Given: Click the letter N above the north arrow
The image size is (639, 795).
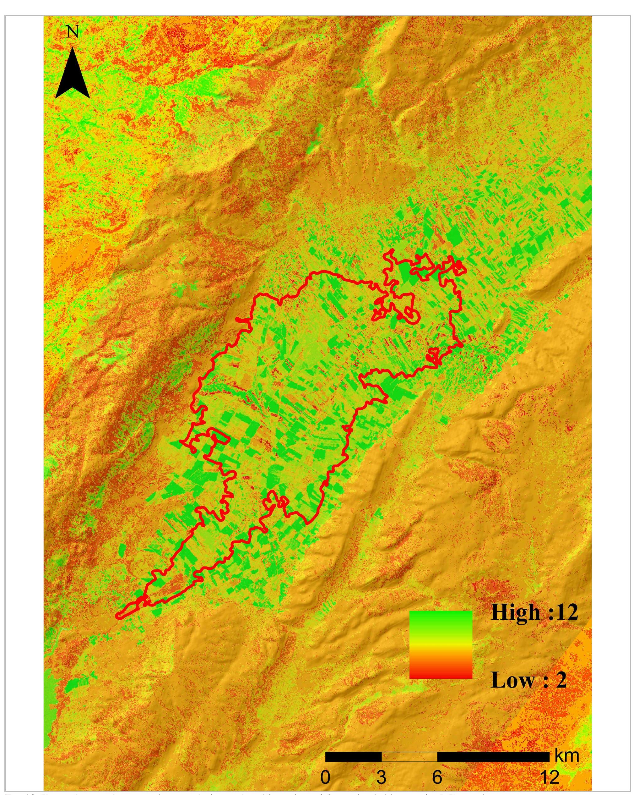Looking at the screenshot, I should [73, 32].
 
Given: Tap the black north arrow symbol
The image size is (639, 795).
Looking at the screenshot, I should [73, 76].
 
